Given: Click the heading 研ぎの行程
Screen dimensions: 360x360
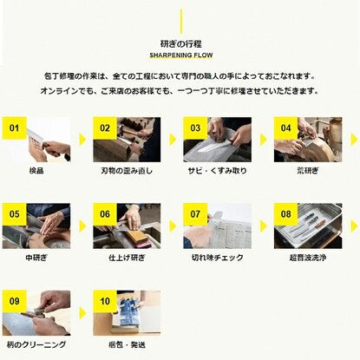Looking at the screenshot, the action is click(x=181, y=44).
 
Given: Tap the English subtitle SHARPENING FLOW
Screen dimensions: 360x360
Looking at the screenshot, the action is click(x=181, y=55).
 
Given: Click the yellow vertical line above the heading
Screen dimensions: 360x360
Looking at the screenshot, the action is click(x=181, y=22).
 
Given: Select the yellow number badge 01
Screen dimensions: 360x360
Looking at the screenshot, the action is click(x=14, y=128).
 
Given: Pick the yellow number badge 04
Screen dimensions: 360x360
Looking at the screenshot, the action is click(x=285, y=128).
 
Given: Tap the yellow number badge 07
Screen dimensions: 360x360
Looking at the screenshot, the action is click(x=195, y=214).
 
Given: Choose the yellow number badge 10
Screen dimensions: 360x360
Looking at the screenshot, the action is click(x=105, y=301).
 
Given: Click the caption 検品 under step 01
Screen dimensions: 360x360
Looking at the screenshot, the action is click(x=36, y=171).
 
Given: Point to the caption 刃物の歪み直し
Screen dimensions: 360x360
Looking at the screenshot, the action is click(x=127, y=171).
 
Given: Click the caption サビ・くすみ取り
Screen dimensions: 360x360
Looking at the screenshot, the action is click(x=217, y=171).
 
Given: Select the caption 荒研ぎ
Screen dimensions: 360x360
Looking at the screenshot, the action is click(x=308, y=171).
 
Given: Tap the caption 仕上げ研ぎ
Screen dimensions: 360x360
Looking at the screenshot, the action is click(x=127, y=258).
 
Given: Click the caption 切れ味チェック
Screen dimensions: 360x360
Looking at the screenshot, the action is click(x=217, y=258).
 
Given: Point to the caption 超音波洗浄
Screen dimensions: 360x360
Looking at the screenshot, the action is click(x=308, y=258).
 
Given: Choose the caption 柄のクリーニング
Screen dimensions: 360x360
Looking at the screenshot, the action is click(x=36, y=344).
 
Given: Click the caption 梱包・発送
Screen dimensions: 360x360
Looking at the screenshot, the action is click(x=127, y=344).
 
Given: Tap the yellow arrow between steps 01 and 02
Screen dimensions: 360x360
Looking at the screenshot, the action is click(x=82, y=140).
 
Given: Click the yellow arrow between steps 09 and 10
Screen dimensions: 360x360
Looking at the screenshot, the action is click(x=82, y=313).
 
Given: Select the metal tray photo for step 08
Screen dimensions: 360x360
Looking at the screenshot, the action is click(x=308, y=226).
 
